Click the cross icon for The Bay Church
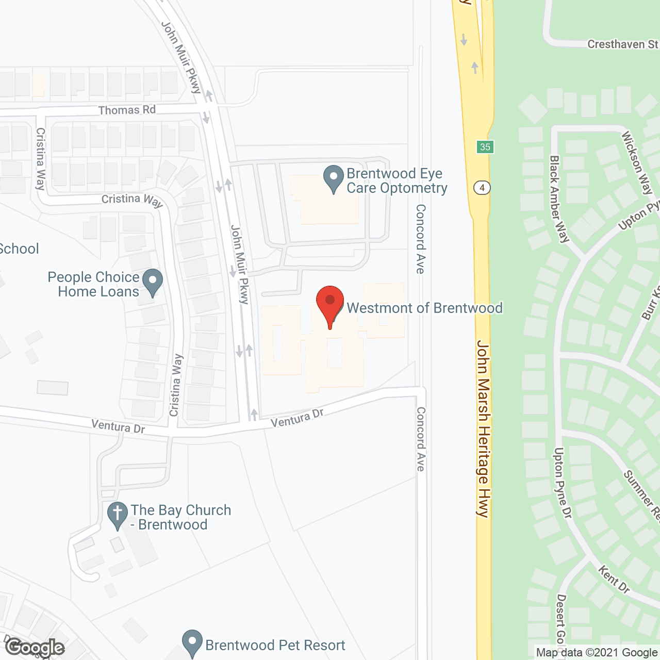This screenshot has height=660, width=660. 118,515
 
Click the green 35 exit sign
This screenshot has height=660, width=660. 485,147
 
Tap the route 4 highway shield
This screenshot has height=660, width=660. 482,188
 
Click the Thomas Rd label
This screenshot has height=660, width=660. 127,110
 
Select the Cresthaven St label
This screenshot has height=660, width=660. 623,44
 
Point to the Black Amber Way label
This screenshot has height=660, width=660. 559,199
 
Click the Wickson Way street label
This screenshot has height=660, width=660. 637,163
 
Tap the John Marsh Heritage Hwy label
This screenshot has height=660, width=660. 483,428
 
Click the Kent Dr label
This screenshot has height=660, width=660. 614,579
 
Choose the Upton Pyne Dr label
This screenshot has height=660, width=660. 563,483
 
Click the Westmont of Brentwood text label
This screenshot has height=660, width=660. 424,308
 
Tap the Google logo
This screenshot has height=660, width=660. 35,648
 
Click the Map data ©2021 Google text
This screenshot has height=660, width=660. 597,653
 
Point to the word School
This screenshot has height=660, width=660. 19,249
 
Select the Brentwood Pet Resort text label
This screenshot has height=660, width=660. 275,645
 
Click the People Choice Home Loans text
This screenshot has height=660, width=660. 94,284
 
